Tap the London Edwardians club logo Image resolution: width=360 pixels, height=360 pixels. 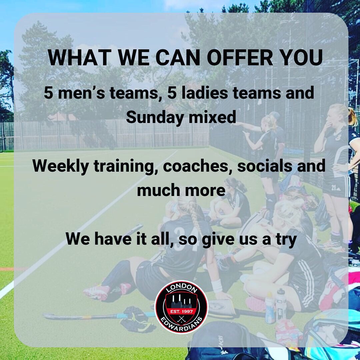pos(182,307)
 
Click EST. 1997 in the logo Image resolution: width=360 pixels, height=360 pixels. pos(182,312)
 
